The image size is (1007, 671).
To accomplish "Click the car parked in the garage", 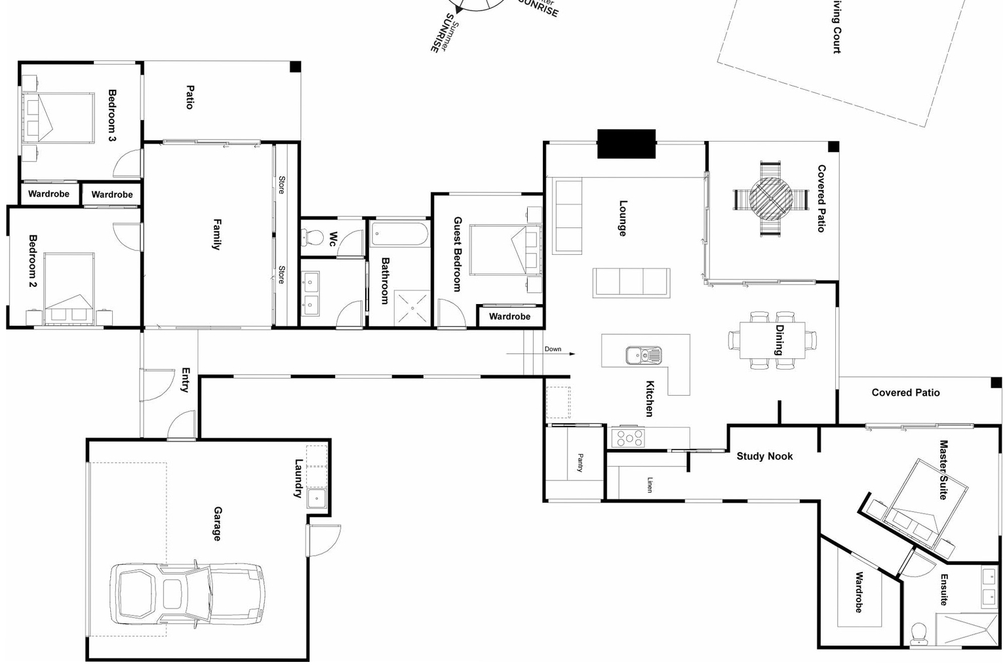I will (x=187, y=594).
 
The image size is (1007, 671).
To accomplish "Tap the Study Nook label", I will (x=764, y=456).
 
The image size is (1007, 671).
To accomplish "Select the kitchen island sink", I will (x=643, y=355).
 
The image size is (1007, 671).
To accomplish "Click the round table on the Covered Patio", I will (x=771, y=199).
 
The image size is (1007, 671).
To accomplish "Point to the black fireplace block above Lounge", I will (x=626, y=144).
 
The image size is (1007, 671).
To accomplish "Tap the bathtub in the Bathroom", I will (x=399, y=234).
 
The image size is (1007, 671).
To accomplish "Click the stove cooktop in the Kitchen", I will (x=627, y=437).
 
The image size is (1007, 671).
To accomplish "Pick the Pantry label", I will (x=580, y=463).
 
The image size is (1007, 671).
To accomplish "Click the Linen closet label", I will (x=650, y=484).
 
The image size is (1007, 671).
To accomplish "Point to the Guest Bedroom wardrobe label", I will (x=509, y=316).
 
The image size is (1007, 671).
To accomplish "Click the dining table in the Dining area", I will (x=772, y=340).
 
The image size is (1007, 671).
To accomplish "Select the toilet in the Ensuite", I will (x=919, y=632).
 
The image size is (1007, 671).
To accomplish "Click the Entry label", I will (x=186, y=379).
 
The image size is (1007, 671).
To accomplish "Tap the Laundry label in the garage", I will (x=299, y=478).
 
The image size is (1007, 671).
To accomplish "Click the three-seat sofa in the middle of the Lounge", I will (x=631, y=282).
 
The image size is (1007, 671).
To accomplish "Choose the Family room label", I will (x=216, y=234).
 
